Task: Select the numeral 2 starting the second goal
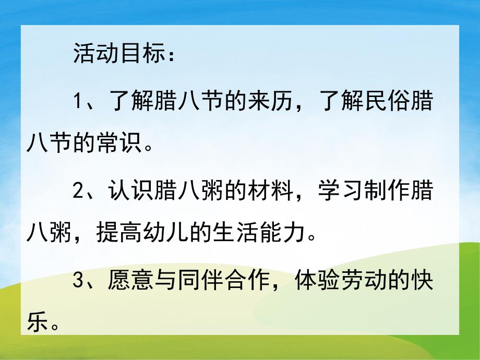coord(78,191)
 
